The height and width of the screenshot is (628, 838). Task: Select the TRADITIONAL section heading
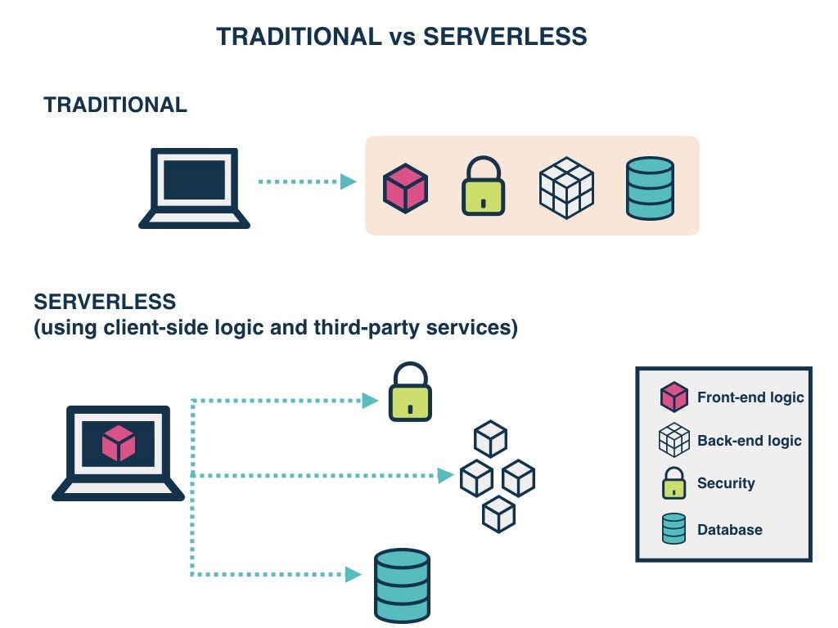(x=115, y=105)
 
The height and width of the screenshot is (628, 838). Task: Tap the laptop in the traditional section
(x=194, y=187)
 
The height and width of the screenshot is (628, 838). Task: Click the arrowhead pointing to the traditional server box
(x=349, y=182)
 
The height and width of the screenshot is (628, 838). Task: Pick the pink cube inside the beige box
(x=406, y=188)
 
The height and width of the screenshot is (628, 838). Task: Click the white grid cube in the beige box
(x=566, y=187)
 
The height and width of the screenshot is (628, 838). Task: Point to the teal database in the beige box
(x=650, y=188)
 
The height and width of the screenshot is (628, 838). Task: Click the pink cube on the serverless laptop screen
(x=119, y=443)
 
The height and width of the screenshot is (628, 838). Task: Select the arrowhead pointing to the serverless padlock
(x=371, y=401)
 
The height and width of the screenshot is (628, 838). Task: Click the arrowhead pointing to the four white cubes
(x=446, y=475)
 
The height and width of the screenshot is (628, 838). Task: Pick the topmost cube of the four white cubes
(x=491, y=439)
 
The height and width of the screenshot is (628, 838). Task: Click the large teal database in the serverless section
(x=402, y=585)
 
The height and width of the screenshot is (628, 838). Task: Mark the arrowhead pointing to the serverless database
(x=354, y=575)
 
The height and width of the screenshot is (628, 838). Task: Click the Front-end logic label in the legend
(x=750, y=398)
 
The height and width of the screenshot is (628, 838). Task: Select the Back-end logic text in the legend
(x=749, y=441)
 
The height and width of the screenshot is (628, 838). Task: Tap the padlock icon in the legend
(x=674, y=483)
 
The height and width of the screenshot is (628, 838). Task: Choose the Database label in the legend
(x=729, y=530)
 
